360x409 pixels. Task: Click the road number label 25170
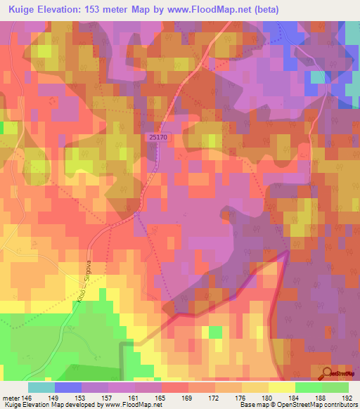click(158, 138)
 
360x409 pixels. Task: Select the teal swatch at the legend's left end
click(41, 387)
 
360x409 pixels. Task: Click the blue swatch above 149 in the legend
click(67, 387)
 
